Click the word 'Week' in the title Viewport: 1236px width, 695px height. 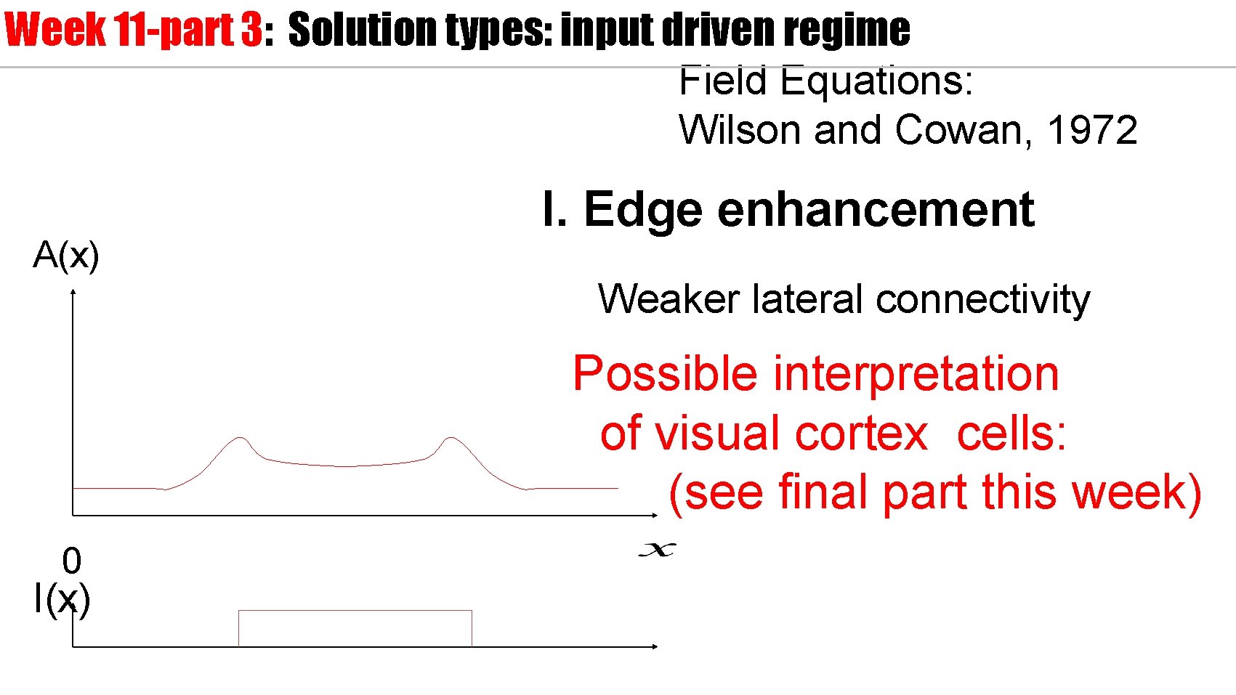[x=55, y=30]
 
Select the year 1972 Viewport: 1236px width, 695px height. [x=1092, y=131]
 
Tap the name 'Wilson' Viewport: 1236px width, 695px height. [x=741, y=131]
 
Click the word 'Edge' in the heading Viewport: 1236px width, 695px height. [x=643, y=210]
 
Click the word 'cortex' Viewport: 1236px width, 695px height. [x=861, y=434]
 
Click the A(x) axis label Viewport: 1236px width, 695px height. [x=66, y=256]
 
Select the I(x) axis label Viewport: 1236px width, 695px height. [x=62, y=600]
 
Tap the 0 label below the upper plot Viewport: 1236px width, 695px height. [x=71, y=561]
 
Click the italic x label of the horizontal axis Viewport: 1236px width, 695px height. [x=657, y=550]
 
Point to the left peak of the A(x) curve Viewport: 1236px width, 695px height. [x=240, y=438]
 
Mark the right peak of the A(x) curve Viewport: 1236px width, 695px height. [x=451, y=438]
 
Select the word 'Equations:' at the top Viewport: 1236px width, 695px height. [x=876, y=81]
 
